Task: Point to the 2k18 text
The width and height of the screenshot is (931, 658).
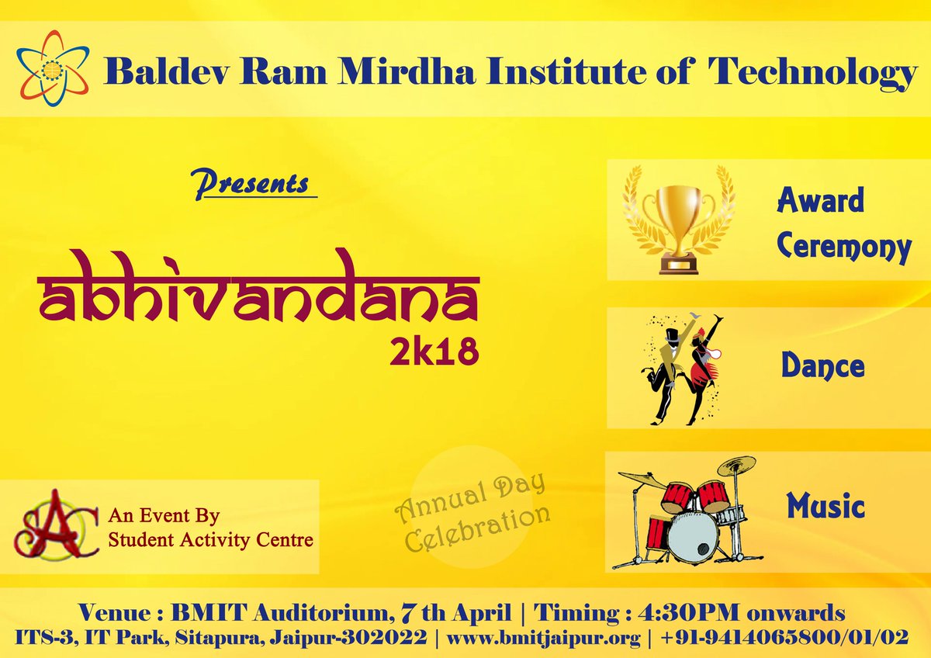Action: click(x=434, y=349)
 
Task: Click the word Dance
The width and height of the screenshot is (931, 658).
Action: click(x=822, y=365)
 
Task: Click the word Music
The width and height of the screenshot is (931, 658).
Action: click(x=825, y=507)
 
